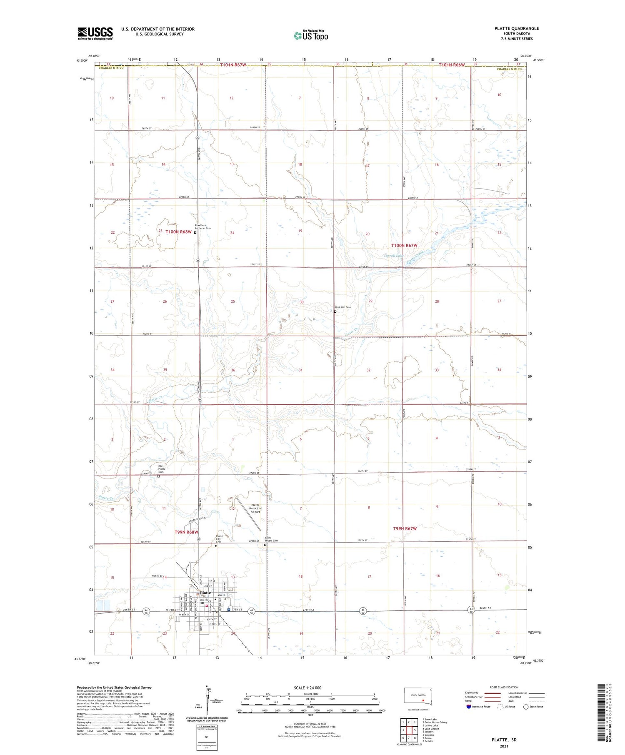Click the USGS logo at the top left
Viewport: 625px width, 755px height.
coord(95,33)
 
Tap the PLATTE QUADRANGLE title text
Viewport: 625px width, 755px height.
coord(516,28)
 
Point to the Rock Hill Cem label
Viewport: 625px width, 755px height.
coord(343,307)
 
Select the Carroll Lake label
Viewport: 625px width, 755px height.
coord(393,255)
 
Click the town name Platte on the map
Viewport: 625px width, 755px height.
coord(205,592)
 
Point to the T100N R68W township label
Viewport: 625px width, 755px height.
coord(178,232)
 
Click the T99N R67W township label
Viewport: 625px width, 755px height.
coord(405,528)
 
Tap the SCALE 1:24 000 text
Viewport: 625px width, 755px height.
coord(307,688)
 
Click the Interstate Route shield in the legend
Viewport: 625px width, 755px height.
coord(468,706)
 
